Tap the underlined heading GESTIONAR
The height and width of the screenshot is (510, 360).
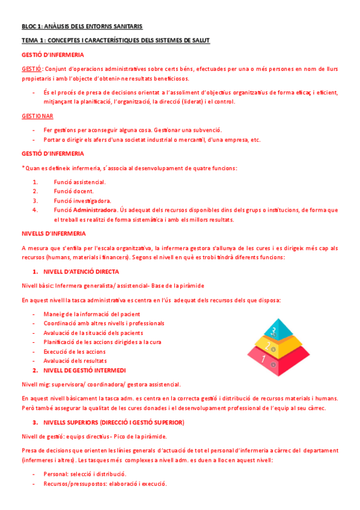click(37, 115)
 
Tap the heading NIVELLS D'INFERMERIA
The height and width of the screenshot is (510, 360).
click(53, 233)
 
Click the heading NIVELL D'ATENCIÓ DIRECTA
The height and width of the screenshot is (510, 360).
click(81, 271)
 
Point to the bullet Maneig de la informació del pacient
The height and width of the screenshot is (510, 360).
click(91, 314)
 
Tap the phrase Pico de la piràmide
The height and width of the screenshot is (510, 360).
click(142, 436)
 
